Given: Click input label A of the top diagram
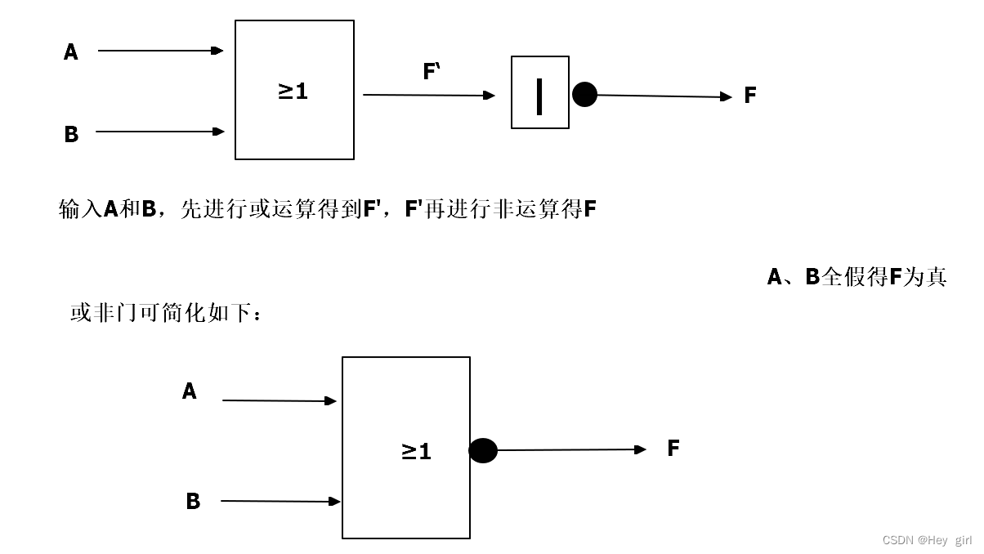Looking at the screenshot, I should click(71, 52).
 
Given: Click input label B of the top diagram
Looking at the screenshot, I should click(71, 134).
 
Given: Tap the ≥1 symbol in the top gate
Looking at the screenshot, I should click(293, 91).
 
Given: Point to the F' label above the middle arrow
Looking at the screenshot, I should click(432, 72).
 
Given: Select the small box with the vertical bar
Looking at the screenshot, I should click(539, 92).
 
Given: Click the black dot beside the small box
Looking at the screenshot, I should click(584, 95).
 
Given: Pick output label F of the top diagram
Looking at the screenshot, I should click(750, 96).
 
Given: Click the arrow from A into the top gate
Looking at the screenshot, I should click(160, 51).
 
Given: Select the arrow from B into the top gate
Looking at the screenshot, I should click(160, 131).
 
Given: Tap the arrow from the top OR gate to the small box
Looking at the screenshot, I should click(428, 95).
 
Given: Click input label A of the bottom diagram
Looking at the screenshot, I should click(189, 391).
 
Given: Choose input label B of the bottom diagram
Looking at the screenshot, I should click(193, 501).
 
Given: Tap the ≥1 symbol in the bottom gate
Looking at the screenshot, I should click(416, 451).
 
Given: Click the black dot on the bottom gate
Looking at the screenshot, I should click(483, 450).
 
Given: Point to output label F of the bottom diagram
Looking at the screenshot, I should click(673, 448).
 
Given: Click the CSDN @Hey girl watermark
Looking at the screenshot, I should click(927, 540).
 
